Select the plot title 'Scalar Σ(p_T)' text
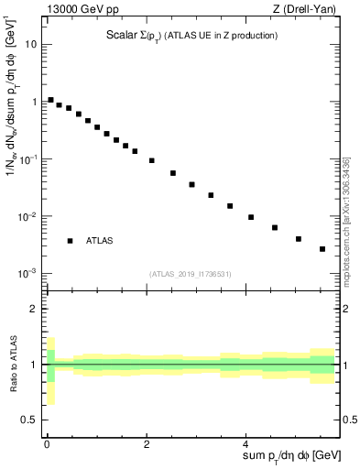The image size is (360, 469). [128, 36]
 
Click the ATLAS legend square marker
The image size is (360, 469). [70, 241]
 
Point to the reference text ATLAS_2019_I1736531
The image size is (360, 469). [190, 274]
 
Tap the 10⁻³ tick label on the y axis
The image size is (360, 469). [27, 274]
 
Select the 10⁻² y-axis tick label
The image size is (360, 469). [27, 216]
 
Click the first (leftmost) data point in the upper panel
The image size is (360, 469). [50, 100]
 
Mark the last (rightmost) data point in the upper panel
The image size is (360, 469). [322, 249]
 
